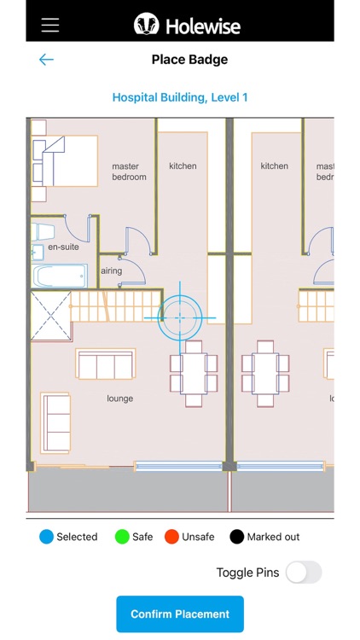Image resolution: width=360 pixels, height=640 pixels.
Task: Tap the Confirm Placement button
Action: click(180, 614)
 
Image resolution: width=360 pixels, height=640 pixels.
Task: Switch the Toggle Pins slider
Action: click(304, 573)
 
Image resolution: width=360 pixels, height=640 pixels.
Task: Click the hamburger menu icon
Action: click(50, 25)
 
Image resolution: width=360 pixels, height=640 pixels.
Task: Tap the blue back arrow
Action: click(46, 60)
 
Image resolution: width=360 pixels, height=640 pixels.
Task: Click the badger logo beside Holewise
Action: click(147, 24)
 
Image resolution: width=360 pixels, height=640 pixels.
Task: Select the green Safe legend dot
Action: click(122, 537)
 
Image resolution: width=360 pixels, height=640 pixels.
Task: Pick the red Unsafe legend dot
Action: click(171, 537)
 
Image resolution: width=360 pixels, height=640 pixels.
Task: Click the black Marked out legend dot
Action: click(237, 537)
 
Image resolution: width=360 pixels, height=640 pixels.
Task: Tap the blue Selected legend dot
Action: click(47, 537)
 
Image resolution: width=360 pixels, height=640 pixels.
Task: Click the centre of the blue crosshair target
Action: click(180, 317)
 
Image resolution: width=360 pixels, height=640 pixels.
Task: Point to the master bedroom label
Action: click(129, 172)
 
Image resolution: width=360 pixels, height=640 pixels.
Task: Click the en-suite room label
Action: click(63, 247)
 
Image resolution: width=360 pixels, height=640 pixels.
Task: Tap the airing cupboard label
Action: click(111, 271)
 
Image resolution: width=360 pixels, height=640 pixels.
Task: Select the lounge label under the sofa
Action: click(120, 399)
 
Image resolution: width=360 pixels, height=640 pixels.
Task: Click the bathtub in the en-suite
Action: click(60, 276)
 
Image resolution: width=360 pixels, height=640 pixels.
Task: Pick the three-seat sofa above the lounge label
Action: click(105, 364)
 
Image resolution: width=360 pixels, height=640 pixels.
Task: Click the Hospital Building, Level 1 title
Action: click(180, 97)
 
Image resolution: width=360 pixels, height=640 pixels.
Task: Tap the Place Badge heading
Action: click(189, 60)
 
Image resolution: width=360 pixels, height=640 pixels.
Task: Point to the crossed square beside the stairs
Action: click(51, 316)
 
